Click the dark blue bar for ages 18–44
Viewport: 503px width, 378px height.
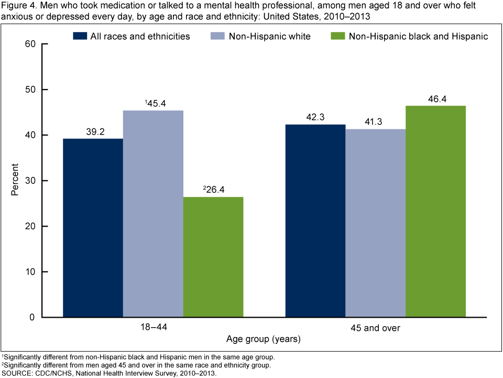pyautogui.click(x=93, y=228)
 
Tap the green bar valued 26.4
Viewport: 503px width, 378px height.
pyautogui.click(x=213, y=257)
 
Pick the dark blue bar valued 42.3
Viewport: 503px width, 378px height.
pyautogui.click(x=315, y=221)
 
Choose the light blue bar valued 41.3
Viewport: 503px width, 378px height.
pyautogui.click(x=376, y=223)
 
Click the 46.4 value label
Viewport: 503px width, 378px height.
pyautogui.click(x=435, y=99)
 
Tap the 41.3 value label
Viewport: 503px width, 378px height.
pyautogui.click(x=376, y=123)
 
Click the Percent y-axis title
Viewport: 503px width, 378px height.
pyautogui.click(x=15, y=180)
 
